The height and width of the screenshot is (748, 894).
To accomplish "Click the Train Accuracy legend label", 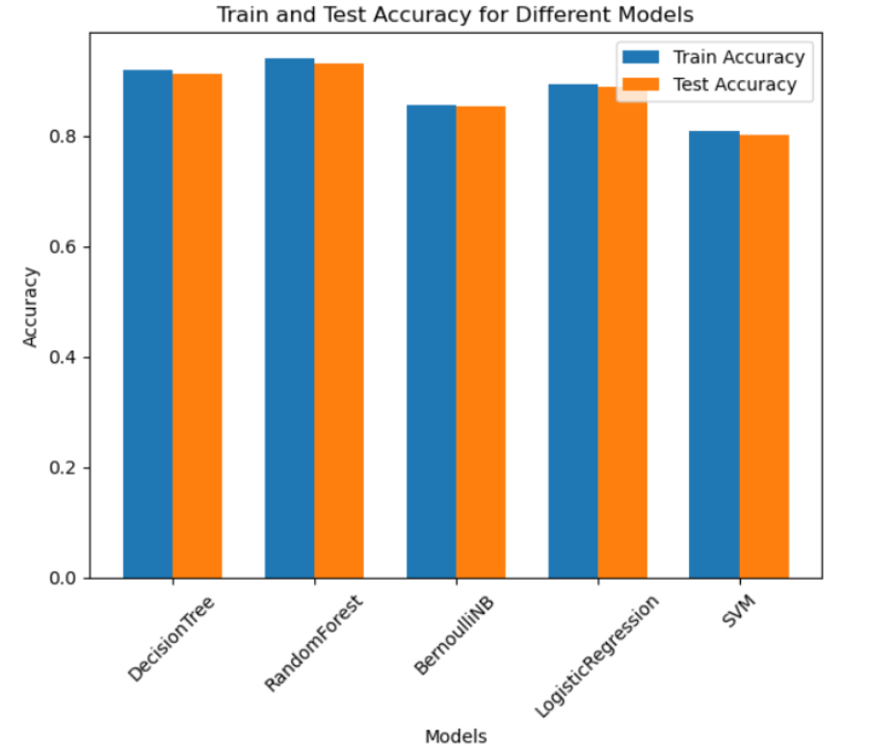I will [x=738, y=56].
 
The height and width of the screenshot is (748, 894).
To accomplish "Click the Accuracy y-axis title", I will [x=31, y=306].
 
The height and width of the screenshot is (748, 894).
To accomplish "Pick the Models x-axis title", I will [x=456, y=736].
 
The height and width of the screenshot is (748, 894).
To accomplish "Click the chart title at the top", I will [x=455, y=14].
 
